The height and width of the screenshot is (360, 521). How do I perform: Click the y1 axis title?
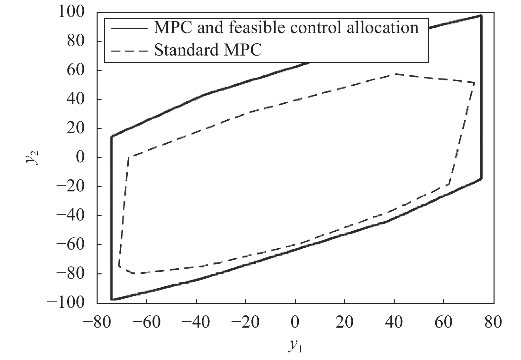(x=295, y=346)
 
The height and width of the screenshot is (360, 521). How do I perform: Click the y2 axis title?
(x=32, y=157)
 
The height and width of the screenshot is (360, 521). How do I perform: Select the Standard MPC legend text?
(x=208, y=50)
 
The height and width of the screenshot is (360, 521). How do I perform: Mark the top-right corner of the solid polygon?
(x=481, y=16)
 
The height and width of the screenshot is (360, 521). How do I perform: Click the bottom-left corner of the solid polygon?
(x=112, y=300)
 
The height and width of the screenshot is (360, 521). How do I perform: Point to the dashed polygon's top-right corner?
(x=474, y=83)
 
